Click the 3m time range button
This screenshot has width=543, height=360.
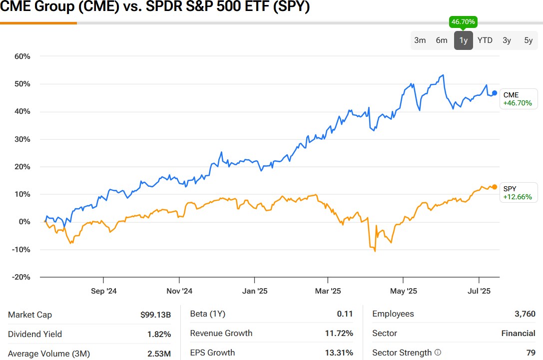pyautogui.click(x=420, y=40)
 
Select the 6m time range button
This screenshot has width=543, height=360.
pyautogui.click(x=442, y=40)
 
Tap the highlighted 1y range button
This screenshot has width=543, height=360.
pyautogui.click(x=464, y=40)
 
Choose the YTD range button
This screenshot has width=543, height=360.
pyautogui.click(x=485, y=40)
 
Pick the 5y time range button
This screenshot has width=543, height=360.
pyautogui.click(x=528, y=40)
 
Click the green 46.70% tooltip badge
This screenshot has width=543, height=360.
pyautogui.click(x=464, y=22)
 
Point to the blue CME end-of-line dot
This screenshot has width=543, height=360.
pyautogui.click(x=495, y=93)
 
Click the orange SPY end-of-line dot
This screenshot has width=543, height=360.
pyautogui.click(x=495, y=187)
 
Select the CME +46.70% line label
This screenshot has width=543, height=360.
pyautogui.click(x=518, y=99)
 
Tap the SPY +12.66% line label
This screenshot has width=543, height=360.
pyautogui.click(x=518, y=193)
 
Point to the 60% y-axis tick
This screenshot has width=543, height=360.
pyautogui.click(x=22, y=56)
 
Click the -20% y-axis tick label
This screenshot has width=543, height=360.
pyautogui.click(x=21, y=277)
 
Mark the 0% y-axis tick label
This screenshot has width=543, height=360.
pyautogui.click(x=24, y=222)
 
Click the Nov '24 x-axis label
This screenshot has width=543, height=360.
pyautogui.click(x=179, y=291)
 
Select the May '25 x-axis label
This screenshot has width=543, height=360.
pyautogui.click(x=403, y=291)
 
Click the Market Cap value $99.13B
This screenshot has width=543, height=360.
pyautogui.click(x=155, y=315)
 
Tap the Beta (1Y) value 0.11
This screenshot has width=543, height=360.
pyautogui.click(x=345, y=314)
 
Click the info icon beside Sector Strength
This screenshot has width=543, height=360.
pyautogui.click(x=438, y=353)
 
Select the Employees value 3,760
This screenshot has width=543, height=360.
pyautogui.click(x=525, y=314)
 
